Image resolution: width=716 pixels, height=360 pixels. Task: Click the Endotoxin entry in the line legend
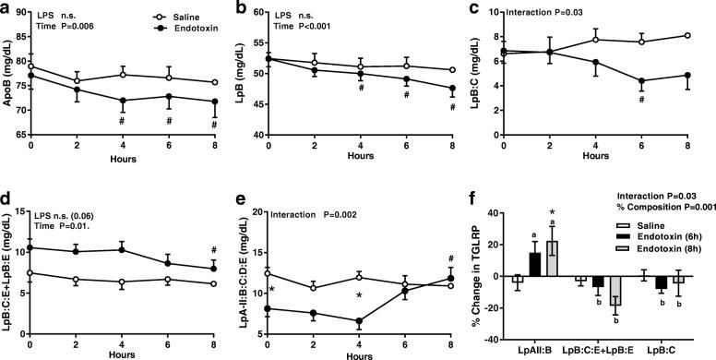[x=192, y=29]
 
